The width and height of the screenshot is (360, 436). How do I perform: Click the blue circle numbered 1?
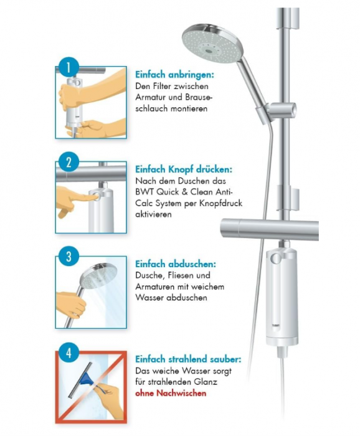tap(68, 67)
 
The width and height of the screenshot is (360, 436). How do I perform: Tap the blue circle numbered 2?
tap(69, 162)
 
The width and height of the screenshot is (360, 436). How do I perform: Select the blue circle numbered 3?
tap(69, 257)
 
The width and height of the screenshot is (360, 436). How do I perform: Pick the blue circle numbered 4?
tap(69, 353)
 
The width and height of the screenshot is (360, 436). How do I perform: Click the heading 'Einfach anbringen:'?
tap(174, 75)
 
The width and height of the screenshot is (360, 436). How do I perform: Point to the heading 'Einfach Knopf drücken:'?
tap(184, 169)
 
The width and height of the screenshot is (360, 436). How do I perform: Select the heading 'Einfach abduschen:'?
tap(176, 264)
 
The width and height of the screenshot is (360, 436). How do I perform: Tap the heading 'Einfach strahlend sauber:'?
tap(188, 359)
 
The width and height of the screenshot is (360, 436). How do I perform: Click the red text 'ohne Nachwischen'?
tap(171, 393)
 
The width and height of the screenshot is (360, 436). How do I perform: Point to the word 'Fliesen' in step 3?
tap(181, 275)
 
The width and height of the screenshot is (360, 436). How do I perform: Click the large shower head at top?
tap(212, 44)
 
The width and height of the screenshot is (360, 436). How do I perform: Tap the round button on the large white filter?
tap(276, 258)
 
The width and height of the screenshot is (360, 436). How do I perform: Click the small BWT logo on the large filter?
tap(275, 325)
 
